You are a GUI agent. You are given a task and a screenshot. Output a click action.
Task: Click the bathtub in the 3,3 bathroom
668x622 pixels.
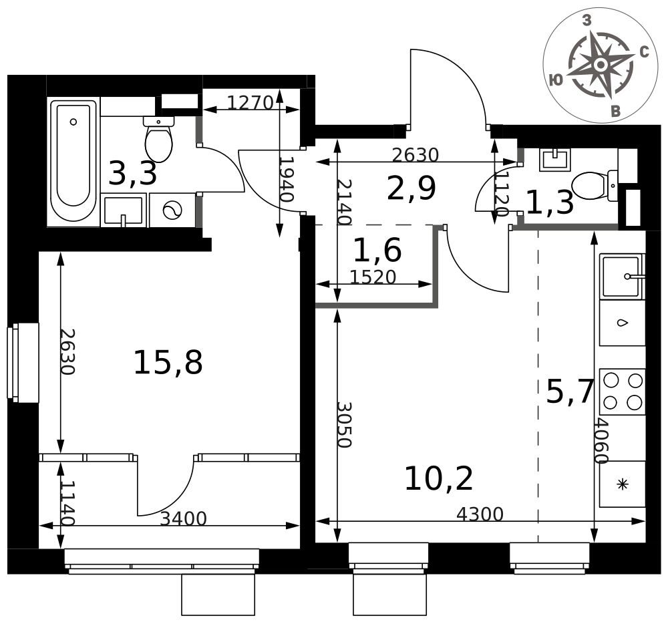click(73, 160)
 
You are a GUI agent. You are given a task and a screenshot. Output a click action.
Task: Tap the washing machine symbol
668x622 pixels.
click(172, 210)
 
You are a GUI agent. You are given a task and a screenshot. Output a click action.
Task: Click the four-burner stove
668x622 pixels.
click(623, 392)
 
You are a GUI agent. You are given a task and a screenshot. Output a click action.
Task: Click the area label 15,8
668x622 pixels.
click(168, 363)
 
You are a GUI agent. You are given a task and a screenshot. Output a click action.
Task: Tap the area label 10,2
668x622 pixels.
click(438, 478)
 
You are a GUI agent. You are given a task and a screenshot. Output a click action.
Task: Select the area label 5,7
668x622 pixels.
click(570, 392)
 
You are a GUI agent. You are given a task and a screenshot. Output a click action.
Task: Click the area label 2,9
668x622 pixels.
click(411, 188)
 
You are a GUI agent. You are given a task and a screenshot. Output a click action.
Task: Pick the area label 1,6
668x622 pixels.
click(377, 250)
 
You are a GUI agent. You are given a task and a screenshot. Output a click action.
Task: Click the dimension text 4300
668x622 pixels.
click(480, 514)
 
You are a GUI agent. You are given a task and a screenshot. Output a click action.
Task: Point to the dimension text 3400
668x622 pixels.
click(183, 518)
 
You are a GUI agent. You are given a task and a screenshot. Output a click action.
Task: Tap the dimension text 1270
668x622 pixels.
click(250, 102)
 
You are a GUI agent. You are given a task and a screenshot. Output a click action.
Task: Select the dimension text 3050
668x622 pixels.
click(344, 425)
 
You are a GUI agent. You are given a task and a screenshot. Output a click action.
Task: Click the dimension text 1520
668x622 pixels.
click(373, 277)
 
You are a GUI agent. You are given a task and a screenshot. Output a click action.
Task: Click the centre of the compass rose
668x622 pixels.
click(601, 65)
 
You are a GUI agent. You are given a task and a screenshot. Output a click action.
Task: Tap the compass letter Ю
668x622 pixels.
click(556, 80)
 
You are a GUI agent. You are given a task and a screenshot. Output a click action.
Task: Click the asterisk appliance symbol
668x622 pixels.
click(623, 484)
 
